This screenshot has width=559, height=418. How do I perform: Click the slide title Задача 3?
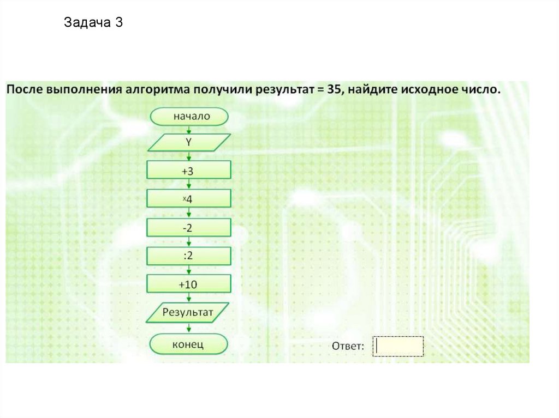[x=93, y=23]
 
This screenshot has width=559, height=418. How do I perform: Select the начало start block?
[x=189, y=116]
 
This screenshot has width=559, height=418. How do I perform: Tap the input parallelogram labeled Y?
[x=189, y=143]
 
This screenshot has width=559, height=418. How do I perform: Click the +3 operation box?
[x=189, y=170]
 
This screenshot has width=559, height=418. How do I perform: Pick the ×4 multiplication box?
[x=189, y=199]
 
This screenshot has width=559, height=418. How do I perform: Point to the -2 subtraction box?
[x=189, y=228]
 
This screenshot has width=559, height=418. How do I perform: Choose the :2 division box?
[x=189, y=256]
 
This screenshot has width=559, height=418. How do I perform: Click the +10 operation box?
[x=189, y=284]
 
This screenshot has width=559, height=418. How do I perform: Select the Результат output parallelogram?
[x=189, y=312]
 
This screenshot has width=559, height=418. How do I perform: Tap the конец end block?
[x=189, y=344]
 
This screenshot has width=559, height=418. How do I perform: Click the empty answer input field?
[x=399, y=346]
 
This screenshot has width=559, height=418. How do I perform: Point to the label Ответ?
[x=348, y=346]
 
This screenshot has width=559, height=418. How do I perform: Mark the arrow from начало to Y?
[x=189, y=130]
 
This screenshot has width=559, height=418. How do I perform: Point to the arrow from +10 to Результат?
[x=189, y=298]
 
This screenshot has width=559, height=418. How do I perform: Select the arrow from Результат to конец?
[x=189, y=328]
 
